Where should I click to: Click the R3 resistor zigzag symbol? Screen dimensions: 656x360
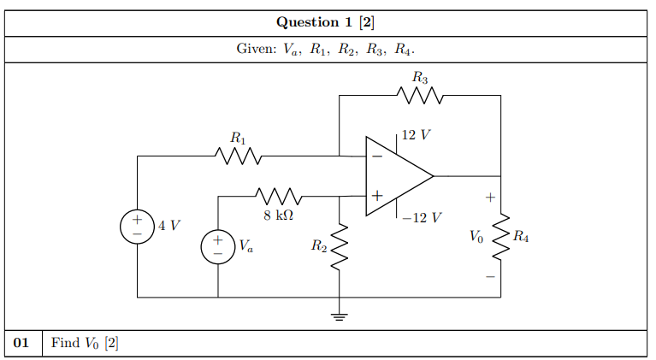pyautogui.click(x=420, y=95)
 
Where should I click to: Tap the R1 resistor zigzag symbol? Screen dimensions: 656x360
pyautogui.click(x=238, y=156)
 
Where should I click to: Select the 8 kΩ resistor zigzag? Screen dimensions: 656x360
pyautogui.click(x=279, y=196)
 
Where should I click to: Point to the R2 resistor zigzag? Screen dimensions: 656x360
pyautogui.click(x=340, y=246)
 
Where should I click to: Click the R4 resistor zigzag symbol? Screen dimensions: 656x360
pyautogui.click(x=501, y=237)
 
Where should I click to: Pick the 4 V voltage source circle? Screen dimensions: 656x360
pyautogui.click(x=137, y=227)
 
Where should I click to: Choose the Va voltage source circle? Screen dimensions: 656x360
pyautogui.click(x=218, y=246)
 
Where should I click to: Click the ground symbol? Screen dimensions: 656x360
pyautogui.click(x=340, y=316)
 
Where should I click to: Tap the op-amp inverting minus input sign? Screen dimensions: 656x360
pyautogui.click(x=377, y=156)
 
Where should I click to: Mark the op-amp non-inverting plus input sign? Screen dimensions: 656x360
pyautogui.click(x=377, y=196)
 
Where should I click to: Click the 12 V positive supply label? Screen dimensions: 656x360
pyautogui.click(x=416, y=134)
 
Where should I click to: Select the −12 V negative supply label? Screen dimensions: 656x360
pyautogui.click(x=422, y=217)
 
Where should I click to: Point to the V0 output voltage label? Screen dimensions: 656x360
pyautogui.click(x=476, y=237)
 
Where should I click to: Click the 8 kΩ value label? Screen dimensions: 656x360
pyautogui.click(x=279, y=215)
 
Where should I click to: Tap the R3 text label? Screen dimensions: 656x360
pyautogui.click(x=420, y=77)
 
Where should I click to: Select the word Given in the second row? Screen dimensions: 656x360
pyautogui.click(x=257, y=49)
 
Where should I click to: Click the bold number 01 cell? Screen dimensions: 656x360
pyautogui.click(x=21, y=342)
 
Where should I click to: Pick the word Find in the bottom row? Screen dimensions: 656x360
pyautogui.click(x=65, y=342)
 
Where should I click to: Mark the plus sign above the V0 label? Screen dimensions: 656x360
pyautogui.click(x=490, y=197)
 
